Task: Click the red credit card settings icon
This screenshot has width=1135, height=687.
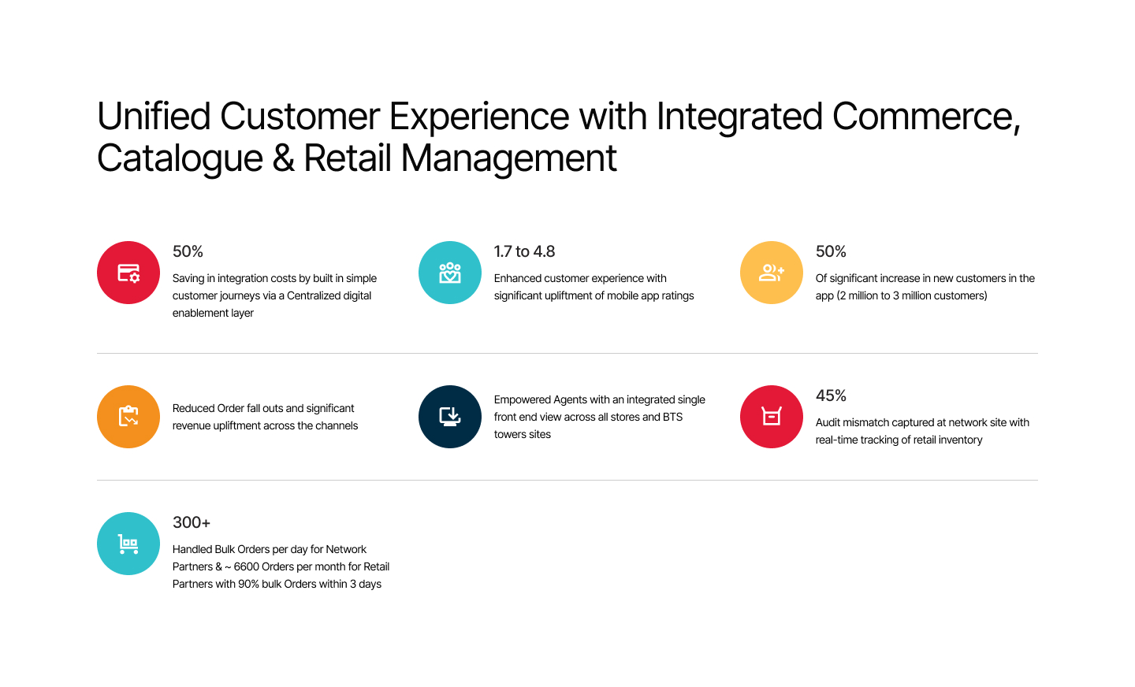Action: (128, 273)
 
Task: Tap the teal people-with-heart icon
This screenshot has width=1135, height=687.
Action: (450, 273)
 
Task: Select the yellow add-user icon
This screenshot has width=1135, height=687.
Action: (771, 273)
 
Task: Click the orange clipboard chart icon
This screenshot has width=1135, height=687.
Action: (128, 417)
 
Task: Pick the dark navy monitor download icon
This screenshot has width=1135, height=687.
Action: (450, 417)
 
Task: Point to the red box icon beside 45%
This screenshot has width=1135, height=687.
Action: (771, 417)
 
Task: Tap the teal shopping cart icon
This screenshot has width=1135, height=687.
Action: (128, 544)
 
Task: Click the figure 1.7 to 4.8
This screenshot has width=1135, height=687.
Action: (524, 251)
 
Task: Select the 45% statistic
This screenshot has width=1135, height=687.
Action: (831, 395)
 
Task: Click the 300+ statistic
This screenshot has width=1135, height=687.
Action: (192, 522)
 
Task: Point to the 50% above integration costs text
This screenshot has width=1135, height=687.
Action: (188, 251)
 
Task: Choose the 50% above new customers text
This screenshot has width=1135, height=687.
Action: (831, 251)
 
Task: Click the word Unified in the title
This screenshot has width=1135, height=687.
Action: (154, 116)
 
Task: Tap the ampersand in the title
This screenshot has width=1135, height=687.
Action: (283, 158)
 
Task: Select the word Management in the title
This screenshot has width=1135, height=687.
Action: (508, 159)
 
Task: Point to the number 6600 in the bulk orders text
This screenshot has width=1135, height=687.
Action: (246, 566)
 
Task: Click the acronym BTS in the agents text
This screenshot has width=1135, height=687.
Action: (673, 417)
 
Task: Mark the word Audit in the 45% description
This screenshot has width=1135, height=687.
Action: (828, 422)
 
